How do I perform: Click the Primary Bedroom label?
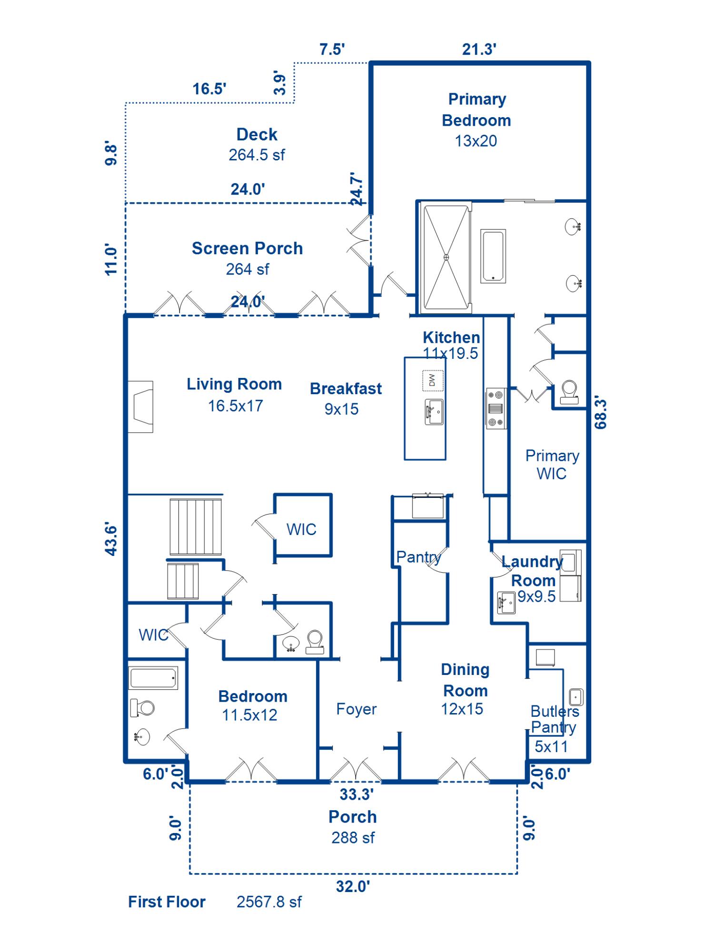(476, 110)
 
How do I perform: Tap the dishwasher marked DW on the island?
(433, 380)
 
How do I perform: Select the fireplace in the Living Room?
(140, 407)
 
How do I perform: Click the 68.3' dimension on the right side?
(601, 413)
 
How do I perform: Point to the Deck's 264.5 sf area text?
(257, 155)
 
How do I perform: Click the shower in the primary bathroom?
(446, 258)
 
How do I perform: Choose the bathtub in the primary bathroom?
(493, 256)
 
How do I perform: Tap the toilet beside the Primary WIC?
(569, 392)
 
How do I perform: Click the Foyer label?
(357, 709)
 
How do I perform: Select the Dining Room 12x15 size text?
(462, 709)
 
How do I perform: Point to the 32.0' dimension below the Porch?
(353, 886)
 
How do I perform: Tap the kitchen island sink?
(434, 412)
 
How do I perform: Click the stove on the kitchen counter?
(496, 408)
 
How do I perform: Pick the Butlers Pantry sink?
(576, 697)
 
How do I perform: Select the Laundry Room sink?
(506, 603)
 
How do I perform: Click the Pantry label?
(419, 557)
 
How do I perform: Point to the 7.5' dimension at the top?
(332, 49)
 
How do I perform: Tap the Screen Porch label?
(247, 248)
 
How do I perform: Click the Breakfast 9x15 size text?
(341, 409)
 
